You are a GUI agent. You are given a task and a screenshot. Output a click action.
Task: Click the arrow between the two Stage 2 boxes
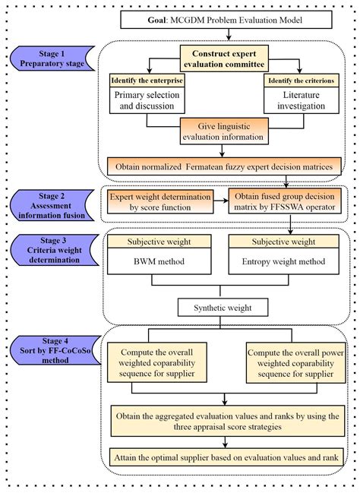[x=219, y=203]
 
